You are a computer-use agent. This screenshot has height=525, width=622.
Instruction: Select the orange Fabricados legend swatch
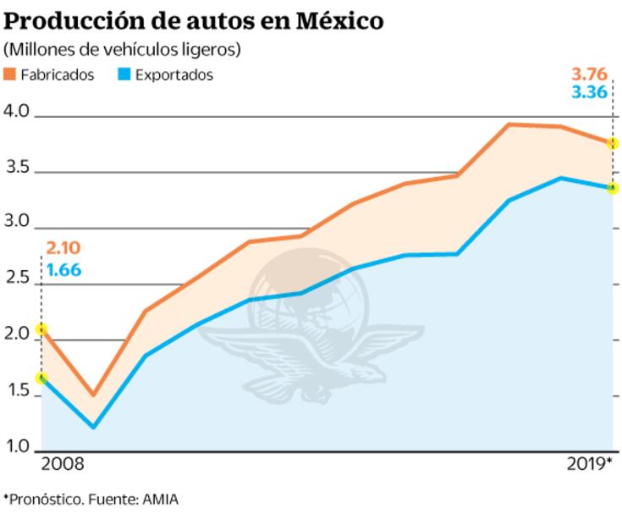pos(10,75)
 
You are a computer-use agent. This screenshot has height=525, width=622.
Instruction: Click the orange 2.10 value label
pos(63,248)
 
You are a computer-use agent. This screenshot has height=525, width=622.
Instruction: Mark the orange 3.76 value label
pos(589,71)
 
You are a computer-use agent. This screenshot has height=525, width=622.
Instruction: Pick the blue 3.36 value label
pos(589,92)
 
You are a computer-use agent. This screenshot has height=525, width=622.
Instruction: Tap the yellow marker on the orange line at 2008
pos(41,329)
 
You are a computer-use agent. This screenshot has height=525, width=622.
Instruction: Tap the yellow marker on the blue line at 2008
pos(41,378)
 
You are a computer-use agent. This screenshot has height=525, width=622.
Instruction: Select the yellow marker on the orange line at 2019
pos(614,143)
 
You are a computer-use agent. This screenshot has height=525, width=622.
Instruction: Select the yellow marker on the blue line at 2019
pos(614,188)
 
